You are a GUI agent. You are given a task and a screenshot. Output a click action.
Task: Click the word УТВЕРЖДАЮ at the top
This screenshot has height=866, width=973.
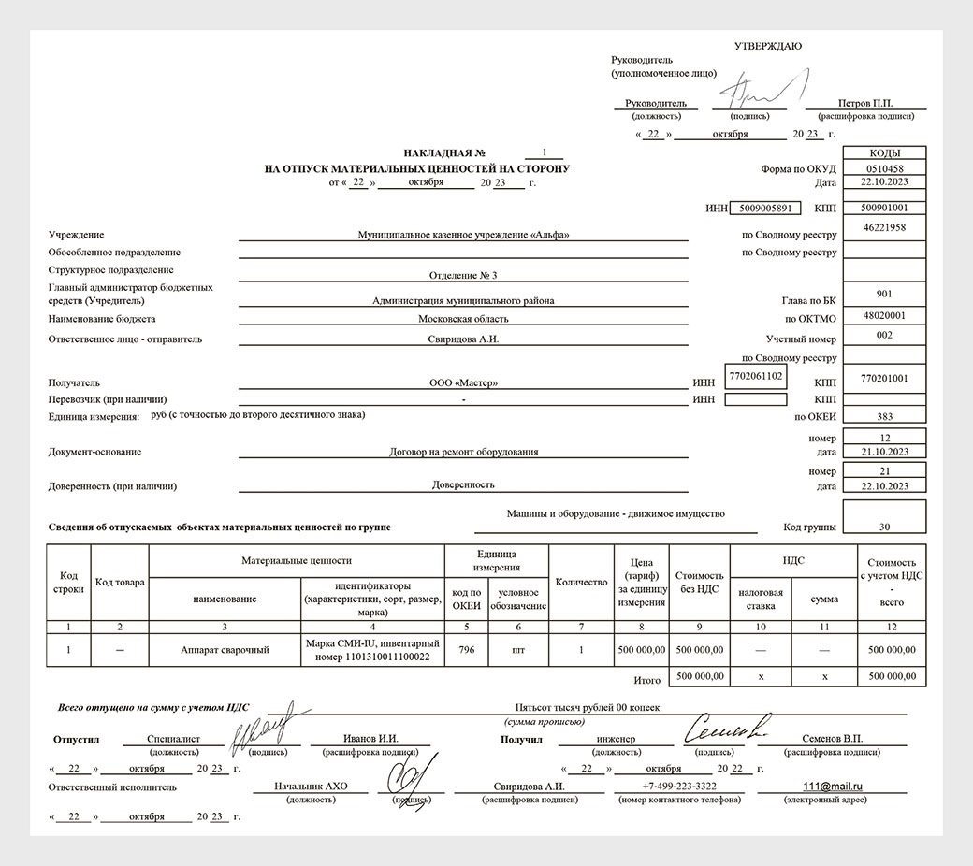click(767, 47)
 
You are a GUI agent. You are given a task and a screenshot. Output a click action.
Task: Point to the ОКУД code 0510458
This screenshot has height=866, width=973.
click(884, 168)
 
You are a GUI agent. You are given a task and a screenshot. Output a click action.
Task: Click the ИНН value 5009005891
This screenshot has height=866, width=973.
click(763, 208)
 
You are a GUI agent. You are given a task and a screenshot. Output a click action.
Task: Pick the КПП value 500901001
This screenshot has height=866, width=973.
click(884, 208)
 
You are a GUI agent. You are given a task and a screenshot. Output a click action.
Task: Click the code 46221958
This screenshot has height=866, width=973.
click(884, 227)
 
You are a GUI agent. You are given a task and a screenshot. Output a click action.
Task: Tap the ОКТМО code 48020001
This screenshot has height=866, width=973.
click(884, 316)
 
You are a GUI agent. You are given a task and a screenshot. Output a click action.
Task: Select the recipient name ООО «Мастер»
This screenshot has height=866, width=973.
click(463, 382)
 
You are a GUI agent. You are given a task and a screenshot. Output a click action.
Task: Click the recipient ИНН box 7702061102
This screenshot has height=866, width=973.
click(755, 376)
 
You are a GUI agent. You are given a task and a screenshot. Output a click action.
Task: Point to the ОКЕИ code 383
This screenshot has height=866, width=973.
click(884, 417)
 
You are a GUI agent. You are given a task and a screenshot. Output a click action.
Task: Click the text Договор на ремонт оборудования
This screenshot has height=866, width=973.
click(463, 452)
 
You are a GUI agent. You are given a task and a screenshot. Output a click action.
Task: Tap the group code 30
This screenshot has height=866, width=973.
click(884, 527)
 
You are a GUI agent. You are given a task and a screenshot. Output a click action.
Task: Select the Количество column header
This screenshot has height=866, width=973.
click(581, 582)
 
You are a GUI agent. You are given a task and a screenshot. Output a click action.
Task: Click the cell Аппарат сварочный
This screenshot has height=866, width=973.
click(225, 649)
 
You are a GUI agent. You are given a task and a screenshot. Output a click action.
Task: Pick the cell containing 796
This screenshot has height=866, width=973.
click(466, 649)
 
